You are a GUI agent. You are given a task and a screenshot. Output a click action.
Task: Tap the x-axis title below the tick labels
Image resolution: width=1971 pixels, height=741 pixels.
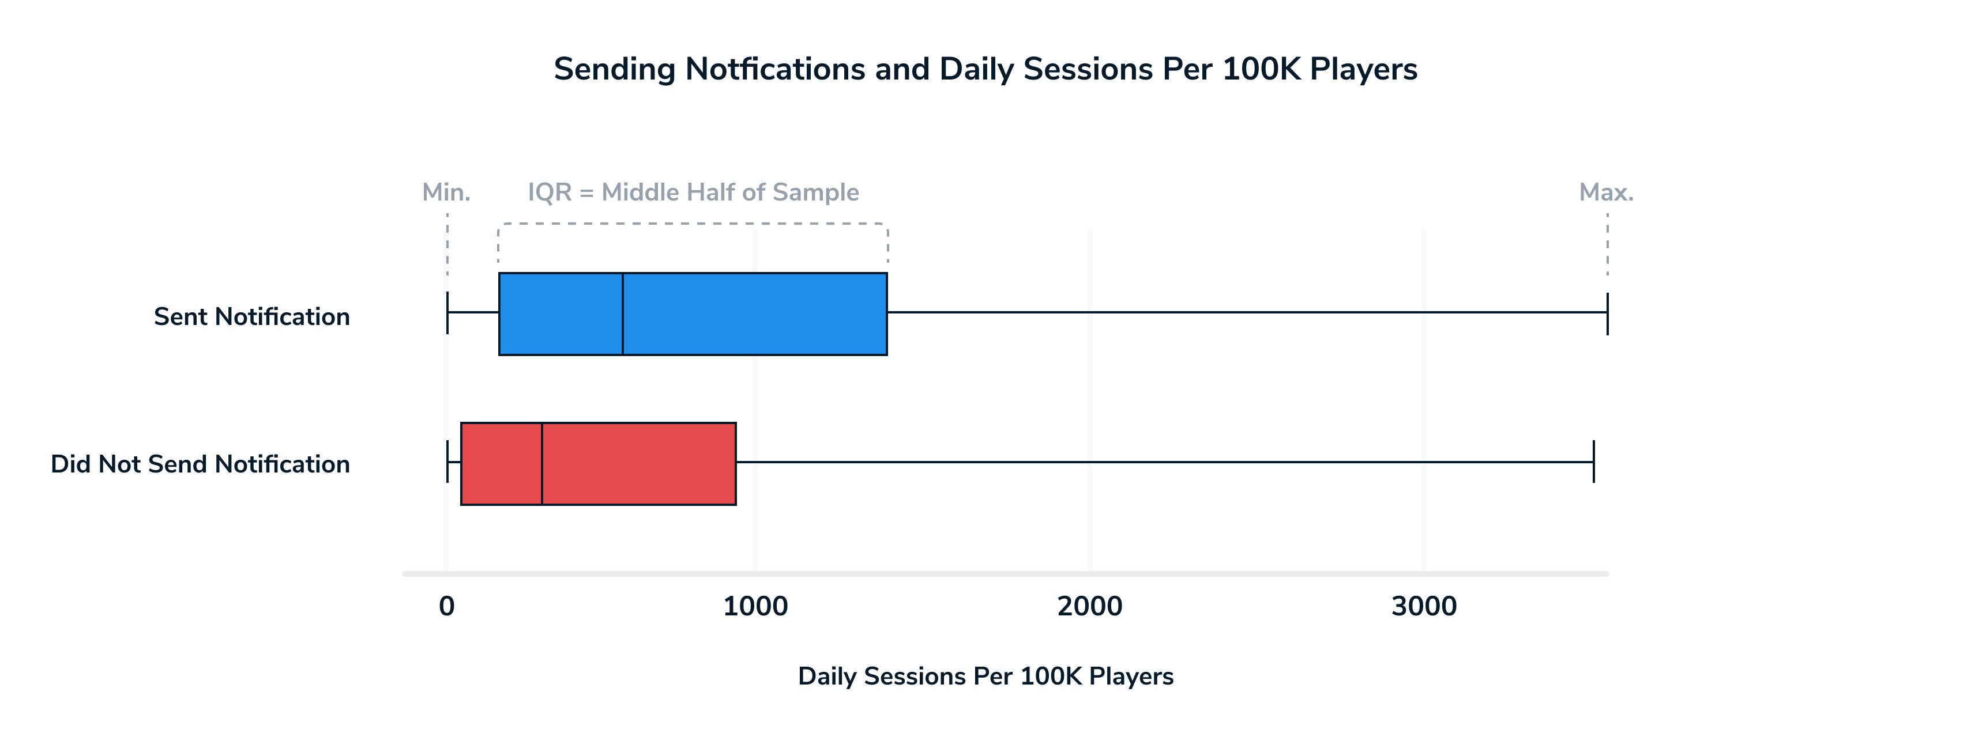[x=985, y=676]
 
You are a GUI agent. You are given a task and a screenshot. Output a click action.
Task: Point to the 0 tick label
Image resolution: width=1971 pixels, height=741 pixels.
[x=447, y=606]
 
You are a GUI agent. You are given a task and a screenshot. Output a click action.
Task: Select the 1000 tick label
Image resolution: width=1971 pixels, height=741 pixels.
[x=755, y=606]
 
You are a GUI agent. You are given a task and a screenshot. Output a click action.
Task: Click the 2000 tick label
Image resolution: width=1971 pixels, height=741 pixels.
[x=1089, y=606]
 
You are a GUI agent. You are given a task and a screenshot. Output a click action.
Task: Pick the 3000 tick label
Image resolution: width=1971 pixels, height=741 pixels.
[x=1424, y=606]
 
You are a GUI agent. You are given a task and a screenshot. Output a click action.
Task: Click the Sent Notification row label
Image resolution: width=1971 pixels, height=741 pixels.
[x=252, y=316]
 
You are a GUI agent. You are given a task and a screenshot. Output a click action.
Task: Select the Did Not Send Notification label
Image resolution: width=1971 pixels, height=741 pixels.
[x=201, y=464]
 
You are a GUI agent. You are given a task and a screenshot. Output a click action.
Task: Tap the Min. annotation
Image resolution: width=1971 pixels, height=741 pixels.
[x=446, y=192]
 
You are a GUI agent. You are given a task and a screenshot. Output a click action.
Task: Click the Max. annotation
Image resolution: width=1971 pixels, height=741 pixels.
[x=1606, y=192]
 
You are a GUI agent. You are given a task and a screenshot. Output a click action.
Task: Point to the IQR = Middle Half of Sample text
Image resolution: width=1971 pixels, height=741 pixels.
[x=693, y=192]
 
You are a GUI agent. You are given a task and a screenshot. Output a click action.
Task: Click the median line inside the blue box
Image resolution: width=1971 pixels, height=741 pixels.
[x=623, y=313]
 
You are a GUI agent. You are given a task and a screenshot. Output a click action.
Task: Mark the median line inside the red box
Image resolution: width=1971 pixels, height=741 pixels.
[x=541, y=463]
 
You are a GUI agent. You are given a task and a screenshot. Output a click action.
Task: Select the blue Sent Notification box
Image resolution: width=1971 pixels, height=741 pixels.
[x=693, y=313]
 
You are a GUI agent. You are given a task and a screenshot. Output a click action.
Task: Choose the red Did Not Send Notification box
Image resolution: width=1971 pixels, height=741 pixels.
[x=599, y=463]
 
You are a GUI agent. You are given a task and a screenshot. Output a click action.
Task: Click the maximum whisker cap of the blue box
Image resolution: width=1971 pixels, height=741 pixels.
[x=1608, y=313]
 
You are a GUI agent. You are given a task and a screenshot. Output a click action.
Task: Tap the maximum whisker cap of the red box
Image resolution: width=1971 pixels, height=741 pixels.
[x=1594, y=462]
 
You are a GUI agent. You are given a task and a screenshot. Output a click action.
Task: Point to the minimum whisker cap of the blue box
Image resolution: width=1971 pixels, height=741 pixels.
[x=447, y=313]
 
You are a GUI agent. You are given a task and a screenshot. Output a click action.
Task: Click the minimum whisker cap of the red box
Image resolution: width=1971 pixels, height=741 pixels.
[x=447, y=462]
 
